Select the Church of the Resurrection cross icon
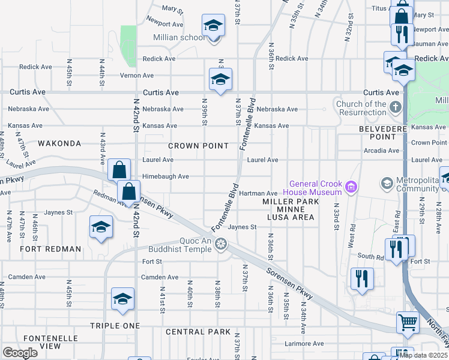tap(395, 108)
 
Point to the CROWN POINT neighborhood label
tap(198, 146)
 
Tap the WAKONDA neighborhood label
tap(59, 144)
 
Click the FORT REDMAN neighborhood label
tap(50, 249)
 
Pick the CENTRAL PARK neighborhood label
tap(198, 332)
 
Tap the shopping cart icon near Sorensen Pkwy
tap(408, 322)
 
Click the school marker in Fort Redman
tap(101, 227)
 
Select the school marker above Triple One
tap(122, 299)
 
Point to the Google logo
tap(20, 352)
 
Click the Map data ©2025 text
tap(424, 355)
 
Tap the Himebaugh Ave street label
tap(166, 176)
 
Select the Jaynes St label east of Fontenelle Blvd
tap(242, 227)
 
